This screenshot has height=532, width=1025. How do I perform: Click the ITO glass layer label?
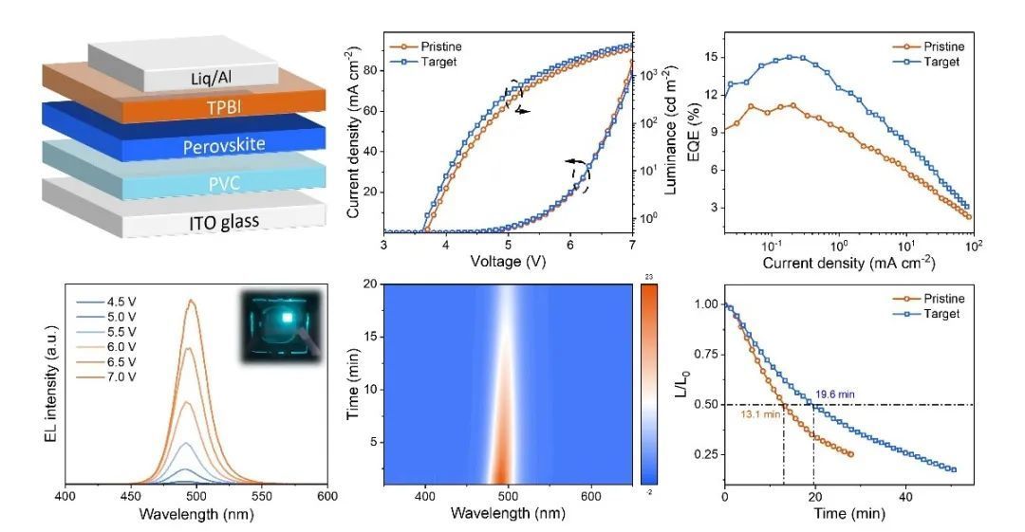coord(184,221)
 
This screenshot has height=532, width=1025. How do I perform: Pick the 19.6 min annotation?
coord(838,394)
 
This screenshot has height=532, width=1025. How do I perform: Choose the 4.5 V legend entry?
coord(117,302)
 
